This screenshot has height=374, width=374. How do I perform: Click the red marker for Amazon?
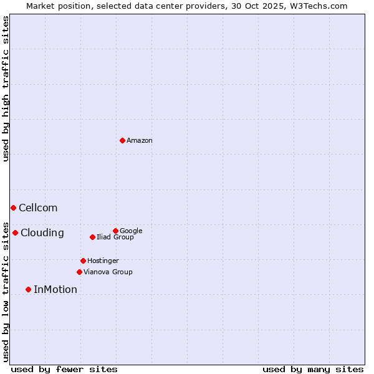[x=122, y=140]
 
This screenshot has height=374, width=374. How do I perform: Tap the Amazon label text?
[x=140, y=141]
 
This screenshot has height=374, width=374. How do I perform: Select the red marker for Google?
[x=115, y=231]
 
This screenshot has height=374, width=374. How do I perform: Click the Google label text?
[x=131, y=231]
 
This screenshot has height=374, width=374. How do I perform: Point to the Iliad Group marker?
[x=92, y=237]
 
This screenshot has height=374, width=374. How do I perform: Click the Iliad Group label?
[x=115, y=237]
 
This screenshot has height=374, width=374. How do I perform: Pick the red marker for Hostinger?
[x=83, y=261]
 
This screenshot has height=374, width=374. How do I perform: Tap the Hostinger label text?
[x=103, y=261]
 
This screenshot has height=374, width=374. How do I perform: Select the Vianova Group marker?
[x=79, y=272]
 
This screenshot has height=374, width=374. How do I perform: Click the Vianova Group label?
[x=108, y=272]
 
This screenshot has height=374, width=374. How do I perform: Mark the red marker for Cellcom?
[x=13, y=208]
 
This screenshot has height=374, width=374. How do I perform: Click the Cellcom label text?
[x=38, y=208]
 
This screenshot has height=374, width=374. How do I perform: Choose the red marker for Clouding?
[x=15, y=233]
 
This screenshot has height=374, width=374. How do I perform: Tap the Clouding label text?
[x=42, y=233]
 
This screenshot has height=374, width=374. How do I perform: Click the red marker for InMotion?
[x=28, y=289]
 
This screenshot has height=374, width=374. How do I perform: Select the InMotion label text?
[x=55, y=290]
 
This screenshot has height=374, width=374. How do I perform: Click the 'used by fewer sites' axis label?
[x=64, y=370]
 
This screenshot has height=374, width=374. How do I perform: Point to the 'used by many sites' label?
[x=313, y=370]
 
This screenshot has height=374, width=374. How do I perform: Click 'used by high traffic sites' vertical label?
[x=6, y=89]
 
